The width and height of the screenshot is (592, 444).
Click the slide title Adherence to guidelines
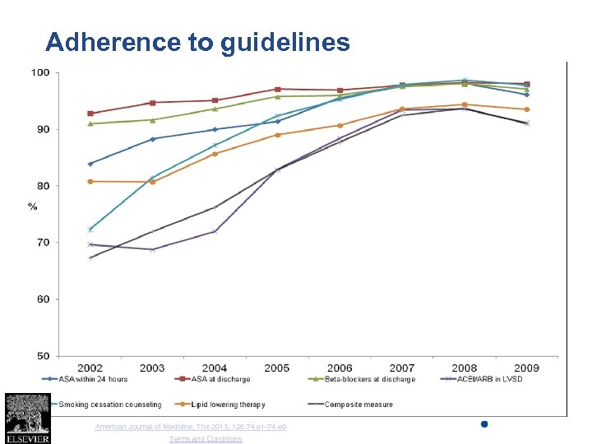[x=197, y=42]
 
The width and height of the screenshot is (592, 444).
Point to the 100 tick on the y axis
[x=40, y=73]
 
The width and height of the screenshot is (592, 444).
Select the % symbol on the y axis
[x=32, y=206]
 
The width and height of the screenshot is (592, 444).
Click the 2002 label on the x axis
[x=90, y=368]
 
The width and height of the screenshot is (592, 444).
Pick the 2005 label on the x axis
[x=277, y=368]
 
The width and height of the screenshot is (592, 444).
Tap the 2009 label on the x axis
[x=526, y=368]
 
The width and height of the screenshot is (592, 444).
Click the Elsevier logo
[x=27, y=419]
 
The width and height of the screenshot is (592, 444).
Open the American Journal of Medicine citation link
[x=191, y=427]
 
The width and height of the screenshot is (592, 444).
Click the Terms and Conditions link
[x=206, y=439]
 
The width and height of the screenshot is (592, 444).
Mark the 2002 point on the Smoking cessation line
[x=90, y=229]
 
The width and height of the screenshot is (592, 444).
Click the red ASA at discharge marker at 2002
[x=90, y=113]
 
